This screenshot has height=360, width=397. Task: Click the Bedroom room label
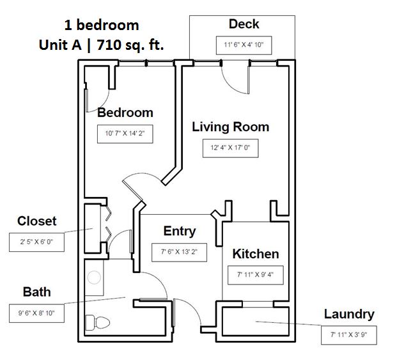pos(125,113)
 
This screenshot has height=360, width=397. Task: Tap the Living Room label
pos(230,127)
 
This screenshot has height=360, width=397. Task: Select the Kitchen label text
pos(255,254)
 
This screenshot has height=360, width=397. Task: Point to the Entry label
pos(180,231)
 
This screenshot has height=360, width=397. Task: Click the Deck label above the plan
pos(244,24)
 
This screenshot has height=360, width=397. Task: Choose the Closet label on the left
pos(36,221)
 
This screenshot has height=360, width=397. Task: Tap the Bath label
pos(36,292)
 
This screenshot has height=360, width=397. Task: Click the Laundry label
pos(348,314)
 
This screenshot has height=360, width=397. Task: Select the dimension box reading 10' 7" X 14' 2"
pos(125,134)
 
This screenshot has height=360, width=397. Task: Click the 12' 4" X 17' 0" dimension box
pos(230,148)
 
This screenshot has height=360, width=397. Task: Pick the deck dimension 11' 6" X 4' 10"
pos(244,45)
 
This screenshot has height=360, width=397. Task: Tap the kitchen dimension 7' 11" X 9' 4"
pos(255,275)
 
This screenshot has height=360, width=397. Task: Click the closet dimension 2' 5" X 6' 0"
pos(36,242)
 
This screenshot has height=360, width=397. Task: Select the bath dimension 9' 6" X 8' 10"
pos(36,313)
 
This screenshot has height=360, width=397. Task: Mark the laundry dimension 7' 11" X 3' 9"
pos(348,334)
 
